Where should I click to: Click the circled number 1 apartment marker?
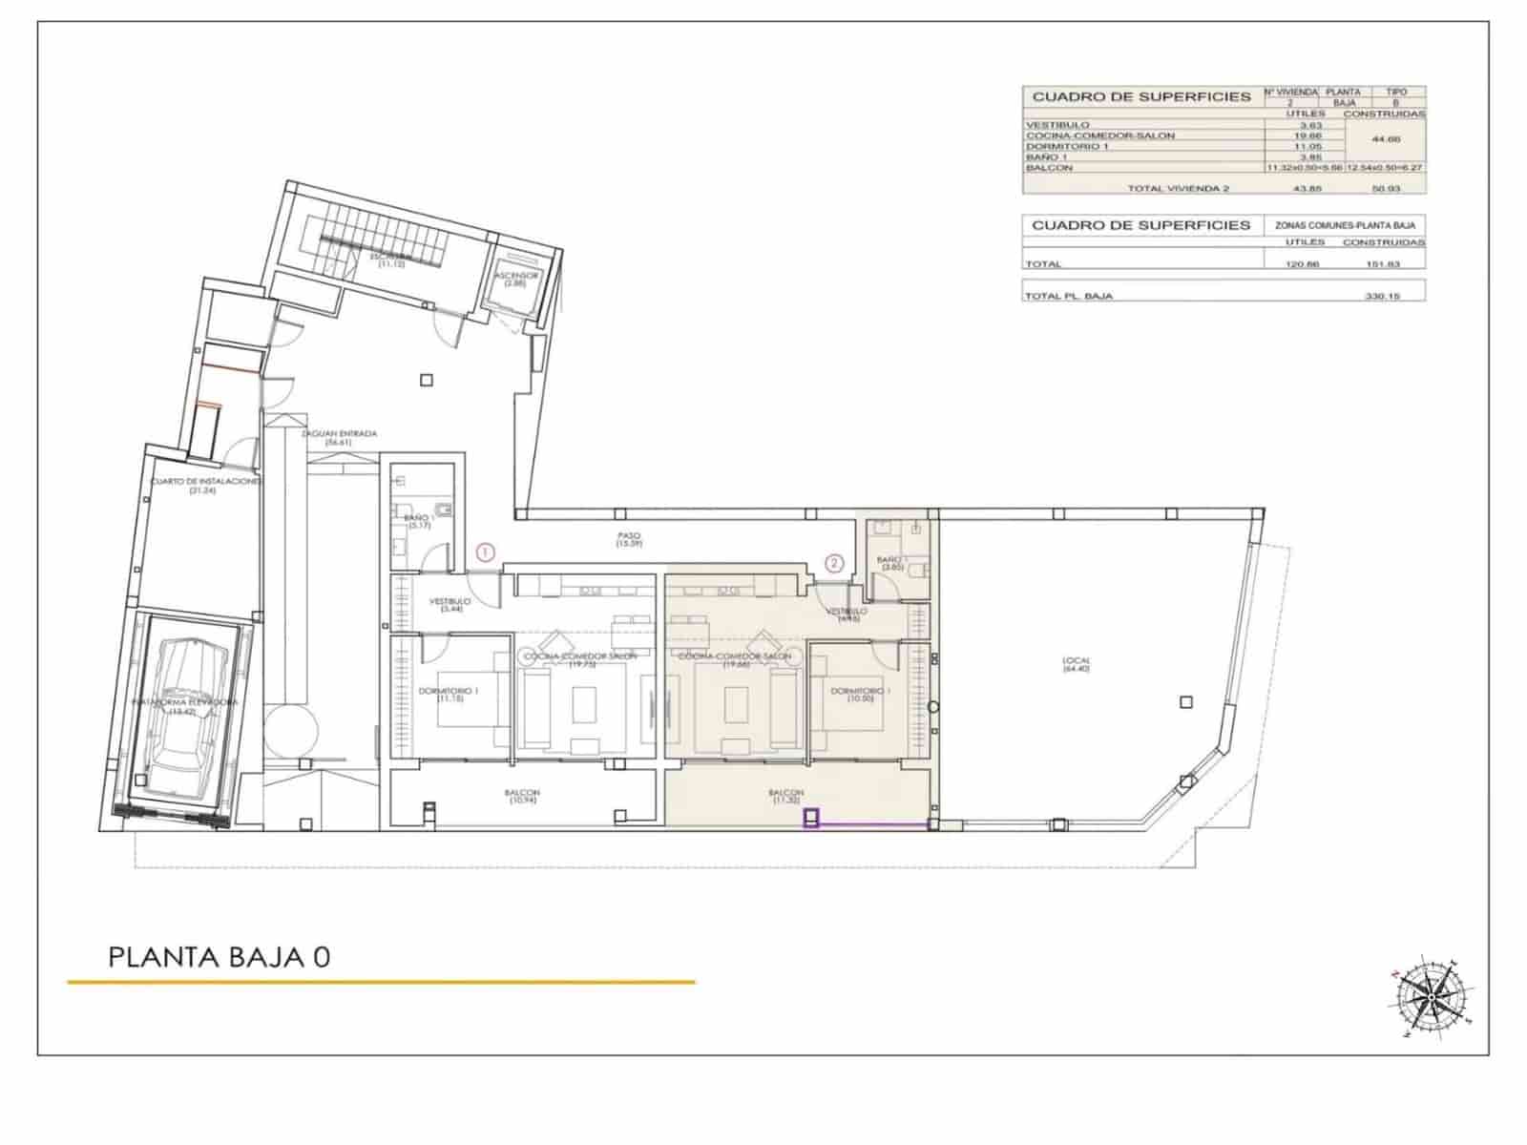click(486, 552)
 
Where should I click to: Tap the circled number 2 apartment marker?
click(835, 563)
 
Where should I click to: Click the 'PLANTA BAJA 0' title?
click(220, 957)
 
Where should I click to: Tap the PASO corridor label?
click(628, 539)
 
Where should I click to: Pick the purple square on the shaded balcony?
click(812, 818)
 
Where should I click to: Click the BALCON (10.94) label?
click(522, 797)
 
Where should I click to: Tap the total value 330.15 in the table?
click(1382, 296)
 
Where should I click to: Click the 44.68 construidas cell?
click(1385, 140)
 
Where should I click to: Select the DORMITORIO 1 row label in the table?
click(1067, 146)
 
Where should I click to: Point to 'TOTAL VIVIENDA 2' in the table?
click(1178, 188)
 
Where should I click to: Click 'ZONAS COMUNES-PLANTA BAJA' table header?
click(1345, 225)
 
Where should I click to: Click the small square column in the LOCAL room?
click(1186, 702)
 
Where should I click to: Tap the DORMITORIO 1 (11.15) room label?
click(450, 696)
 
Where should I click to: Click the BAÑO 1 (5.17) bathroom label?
click(418, 521)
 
